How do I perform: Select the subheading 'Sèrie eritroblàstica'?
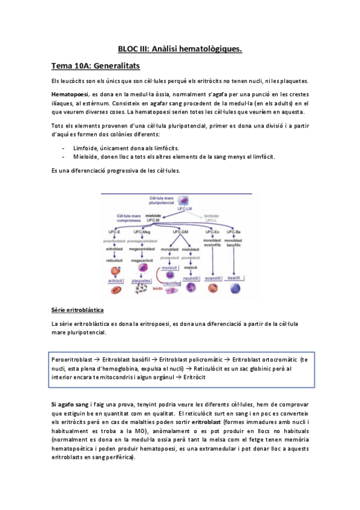click(78, 310)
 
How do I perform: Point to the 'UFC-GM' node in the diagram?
click(180, 232)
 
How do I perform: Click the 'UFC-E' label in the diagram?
click(114, 232)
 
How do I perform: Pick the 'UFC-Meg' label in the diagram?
click(142, 232)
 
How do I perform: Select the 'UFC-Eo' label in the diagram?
click(212, 232)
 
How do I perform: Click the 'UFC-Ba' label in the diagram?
click(234, 232)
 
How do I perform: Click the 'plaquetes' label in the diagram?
click(142, 280)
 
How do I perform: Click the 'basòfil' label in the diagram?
click(235, 278)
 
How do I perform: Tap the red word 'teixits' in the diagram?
click(158, 288)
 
